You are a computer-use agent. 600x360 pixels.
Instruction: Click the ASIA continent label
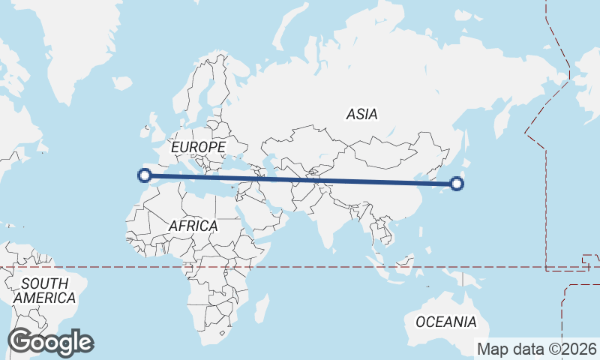(361, 115)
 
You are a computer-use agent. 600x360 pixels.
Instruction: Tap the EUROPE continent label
(198, 147)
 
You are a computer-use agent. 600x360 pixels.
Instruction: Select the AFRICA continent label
(193, 226)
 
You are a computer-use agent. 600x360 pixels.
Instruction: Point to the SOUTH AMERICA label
(45, 290)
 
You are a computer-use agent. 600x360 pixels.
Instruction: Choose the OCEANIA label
(445, 322)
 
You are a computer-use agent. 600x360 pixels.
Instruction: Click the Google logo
(50, 342)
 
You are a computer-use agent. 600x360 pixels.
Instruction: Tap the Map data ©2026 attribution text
(536, 349)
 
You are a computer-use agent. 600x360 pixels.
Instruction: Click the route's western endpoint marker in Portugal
(144, 176)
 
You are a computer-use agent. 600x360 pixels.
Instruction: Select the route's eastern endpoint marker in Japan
(458, 183)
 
